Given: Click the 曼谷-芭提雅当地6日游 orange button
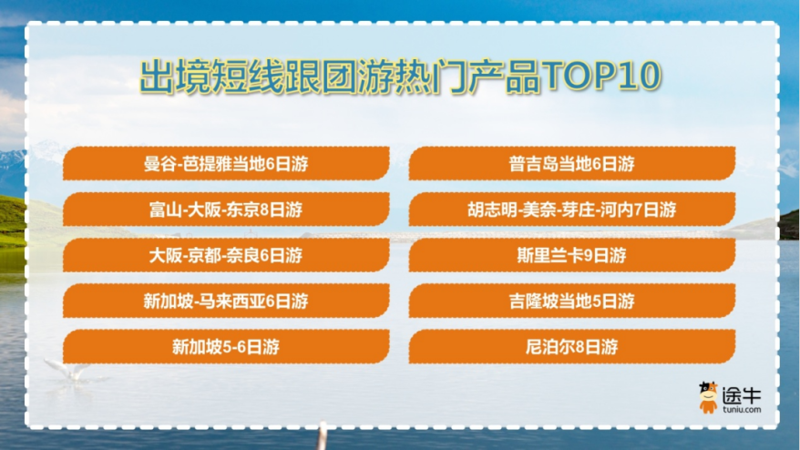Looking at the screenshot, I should coord(226,164).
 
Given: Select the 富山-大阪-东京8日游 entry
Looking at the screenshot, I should coord(226,210).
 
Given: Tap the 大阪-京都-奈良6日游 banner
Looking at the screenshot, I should coord(226,255).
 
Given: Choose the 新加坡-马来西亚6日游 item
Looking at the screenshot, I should coord(226,301).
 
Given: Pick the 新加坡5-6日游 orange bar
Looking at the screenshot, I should coord(226,346).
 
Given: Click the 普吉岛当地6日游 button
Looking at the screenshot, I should coord(571,164).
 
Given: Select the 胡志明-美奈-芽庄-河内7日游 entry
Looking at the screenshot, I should coord(571,210).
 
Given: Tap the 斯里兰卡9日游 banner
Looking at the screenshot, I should coord(571,255).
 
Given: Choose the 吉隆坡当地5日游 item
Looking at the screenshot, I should coord(571,301).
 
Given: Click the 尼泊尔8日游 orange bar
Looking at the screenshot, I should coord(571,346).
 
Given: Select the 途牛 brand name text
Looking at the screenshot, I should coord(742,395).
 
